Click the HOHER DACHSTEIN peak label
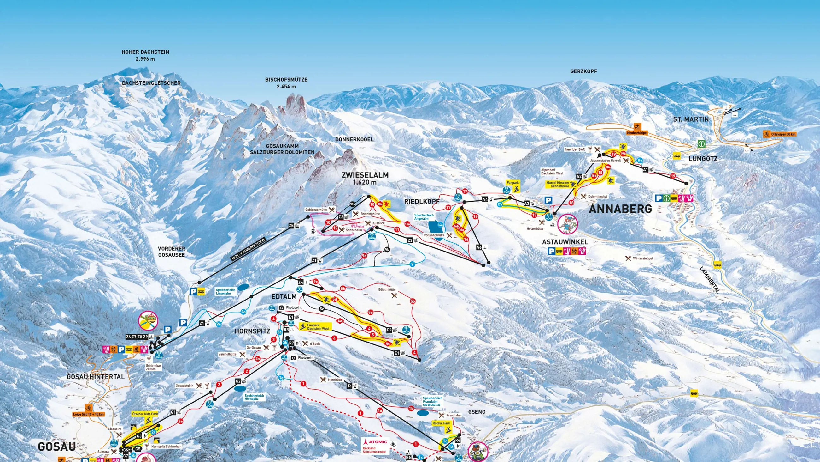[x=145, y=52]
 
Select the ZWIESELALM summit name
[x=365, y=175]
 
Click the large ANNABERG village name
[x=620, y=209]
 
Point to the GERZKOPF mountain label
[x=583, y=71]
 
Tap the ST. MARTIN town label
[x=691, y=119]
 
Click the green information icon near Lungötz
[x=701, y=144]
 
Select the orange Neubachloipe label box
[x=637, y=133]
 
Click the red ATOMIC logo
[x=376, y=442]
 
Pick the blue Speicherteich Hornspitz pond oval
[x=240, y=388]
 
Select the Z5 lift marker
[x=291, y=226]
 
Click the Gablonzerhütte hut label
[x=316, y=210]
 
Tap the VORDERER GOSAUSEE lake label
[x=171, y=252]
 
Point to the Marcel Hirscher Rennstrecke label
[x=558, y=184]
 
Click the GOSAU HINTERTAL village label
[x=96, y=377]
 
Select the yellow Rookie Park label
[x=441, y=423]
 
